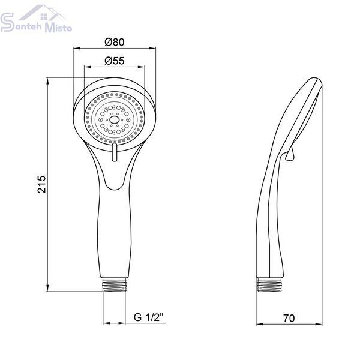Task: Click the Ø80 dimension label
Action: click(115, 42)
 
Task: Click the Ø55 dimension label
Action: click(115, 61)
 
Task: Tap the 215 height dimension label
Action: click(42, 184)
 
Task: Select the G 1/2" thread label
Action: click(149, 317)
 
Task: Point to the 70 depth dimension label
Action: click(289, 318)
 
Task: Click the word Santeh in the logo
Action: click(21, 23)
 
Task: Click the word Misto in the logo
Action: click(58, 28)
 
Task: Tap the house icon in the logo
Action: click(43, 13)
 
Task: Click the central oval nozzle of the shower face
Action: click(114, 119)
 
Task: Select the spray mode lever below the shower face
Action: click(114, 152)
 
